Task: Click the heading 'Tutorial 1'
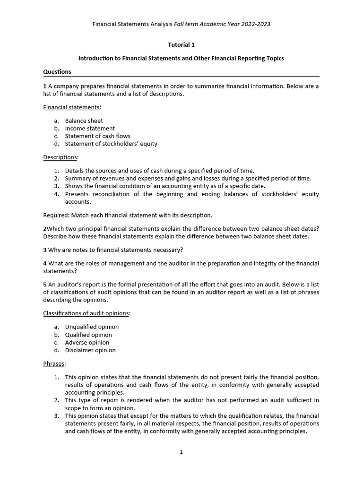(181, 45)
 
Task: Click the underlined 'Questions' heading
(57, 72)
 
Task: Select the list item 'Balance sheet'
(84, 121)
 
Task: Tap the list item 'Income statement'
(90, 128)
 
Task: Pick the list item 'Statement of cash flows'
(97, 136)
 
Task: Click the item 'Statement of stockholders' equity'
(111, 144)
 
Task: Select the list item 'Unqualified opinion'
(92, 327)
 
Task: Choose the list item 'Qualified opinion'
(88, 335)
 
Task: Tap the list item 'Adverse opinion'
(87, 342)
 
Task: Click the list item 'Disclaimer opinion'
(90, 350)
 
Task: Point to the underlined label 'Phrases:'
(55, 363)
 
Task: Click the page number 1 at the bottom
(181, 452)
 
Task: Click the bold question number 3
(45, 250)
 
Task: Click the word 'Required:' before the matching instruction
(56, 215)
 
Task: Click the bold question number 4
(45, 263)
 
